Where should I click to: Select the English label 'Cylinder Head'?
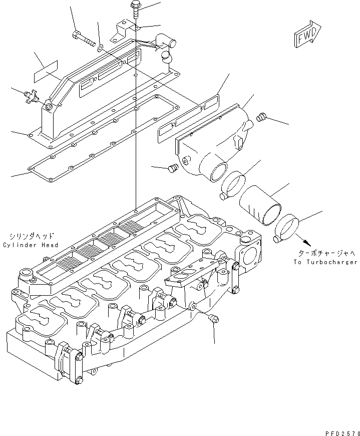[x=30, y=245]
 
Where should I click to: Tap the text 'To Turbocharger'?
[x=325, y=262]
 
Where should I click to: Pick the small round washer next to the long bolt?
[x=100, y=48]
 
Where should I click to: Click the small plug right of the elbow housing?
[x=260, y=118]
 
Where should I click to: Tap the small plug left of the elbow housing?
[x=173, y=168]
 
